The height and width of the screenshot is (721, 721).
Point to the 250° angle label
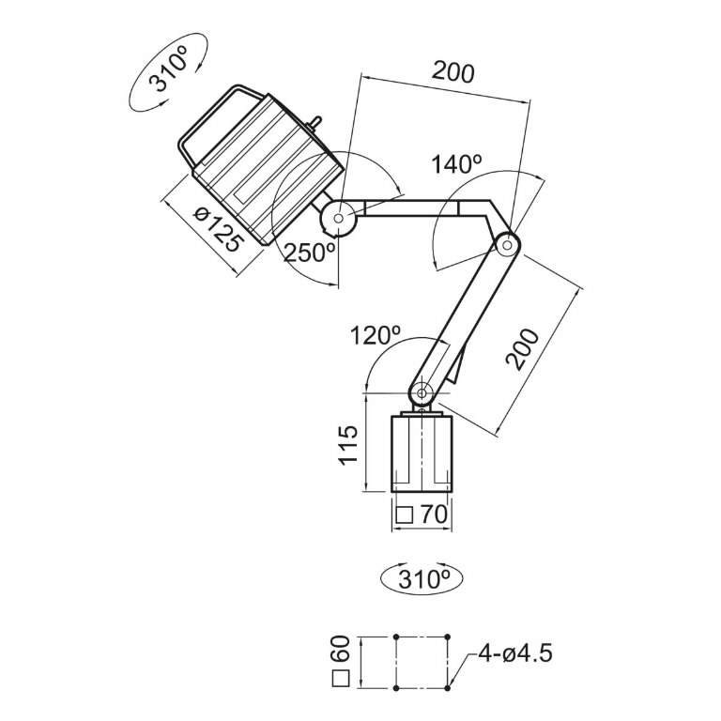coord(310,252)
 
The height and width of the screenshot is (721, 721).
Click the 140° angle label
coord(456,164)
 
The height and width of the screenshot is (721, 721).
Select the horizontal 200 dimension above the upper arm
coord(453,71)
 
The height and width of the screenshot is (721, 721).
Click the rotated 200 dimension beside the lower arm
coord(522,349)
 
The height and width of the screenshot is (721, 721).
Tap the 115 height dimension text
coord(349,445)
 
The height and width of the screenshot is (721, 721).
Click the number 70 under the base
coord(433,514)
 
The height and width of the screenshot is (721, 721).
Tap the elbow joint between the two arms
coord(508,244)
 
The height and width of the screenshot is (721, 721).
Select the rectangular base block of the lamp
coord(422,453)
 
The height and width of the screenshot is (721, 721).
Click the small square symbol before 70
coord(405,514)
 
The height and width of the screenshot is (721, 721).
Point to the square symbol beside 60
coord(342,680)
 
